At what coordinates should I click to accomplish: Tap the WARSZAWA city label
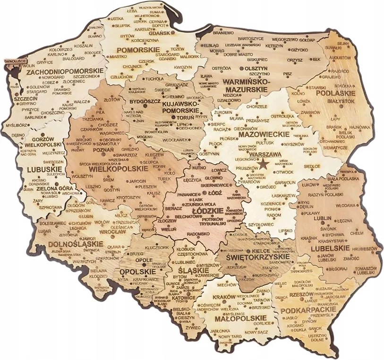pos(265,154)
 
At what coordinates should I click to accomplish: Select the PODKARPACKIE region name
pos(308,310)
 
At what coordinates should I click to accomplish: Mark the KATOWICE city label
pos(181,298)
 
